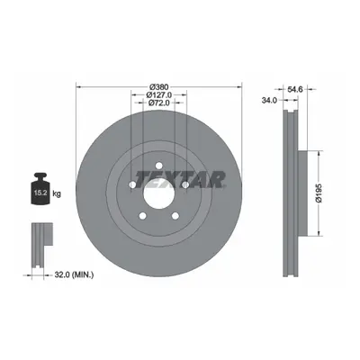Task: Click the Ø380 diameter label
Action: [x=159, y=87]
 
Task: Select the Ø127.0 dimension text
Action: [x=159, y=95]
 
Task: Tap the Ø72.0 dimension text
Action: [x=159, y=103]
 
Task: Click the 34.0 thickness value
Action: [x=269, y=101]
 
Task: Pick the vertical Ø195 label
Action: [x=319, y=193]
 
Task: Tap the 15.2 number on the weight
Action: [x=40, y=193]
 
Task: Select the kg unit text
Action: [x=57, y=193]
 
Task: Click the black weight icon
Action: [x=40, y=188]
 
